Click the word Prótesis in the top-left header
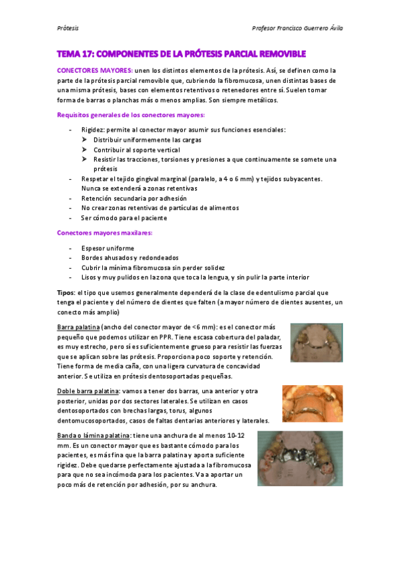coord(67,29)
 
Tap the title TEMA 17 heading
coord(181,53)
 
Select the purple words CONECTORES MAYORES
coord(93,70)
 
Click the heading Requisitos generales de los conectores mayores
coord(130,115)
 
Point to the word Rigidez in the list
coord(93,130)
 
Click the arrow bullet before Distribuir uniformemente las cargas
coord(85,140)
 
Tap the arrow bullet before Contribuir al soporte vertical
coord(85,150)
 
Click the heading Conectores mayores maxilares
coord(105,233)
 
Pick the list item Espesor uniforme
coord(108,248)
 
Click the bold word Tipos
coord(66,293)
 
